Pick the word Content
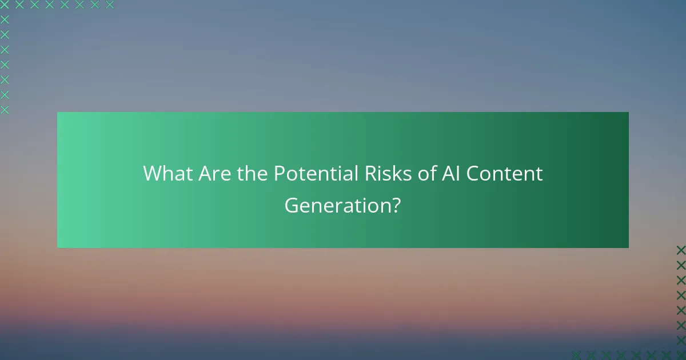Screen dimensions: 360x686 click(504, 174)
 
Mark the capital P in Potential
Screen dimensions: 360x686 click(280, 174)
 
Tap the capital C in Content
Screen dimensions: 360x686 click(473, 174)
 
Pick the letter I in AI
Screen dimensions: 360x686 click(456, 174)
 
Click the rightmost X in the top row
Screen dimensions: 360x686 click(109, 5)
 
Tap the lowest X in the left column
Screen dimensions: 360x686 click(5, 110)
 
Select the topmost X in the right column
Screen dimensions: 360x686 click(680, 250)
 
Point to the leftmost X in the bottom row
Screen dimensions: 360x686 click(576, 355)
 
